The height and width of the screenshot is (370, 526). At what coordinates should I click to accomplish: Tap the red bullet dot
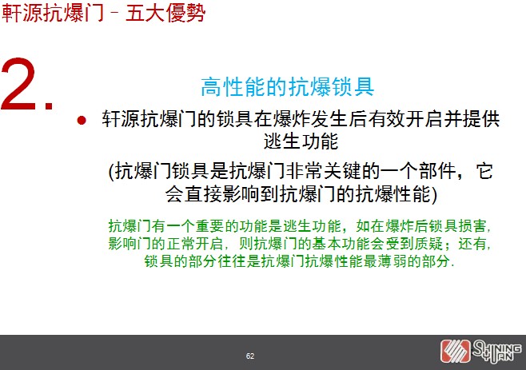pos(82,120)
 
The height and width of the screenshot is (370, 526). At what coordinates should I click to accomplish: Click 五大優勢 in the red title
pos(165,14)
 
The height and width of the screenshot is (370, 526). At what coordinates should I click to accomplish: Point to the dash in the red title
pos(114,14)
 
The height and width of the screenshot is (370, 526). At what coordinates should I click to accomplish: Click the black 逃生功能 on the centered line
pos(301,141)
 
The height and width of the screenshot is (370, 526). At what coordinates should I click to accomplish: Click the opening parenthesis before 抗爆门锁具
pos(112,172)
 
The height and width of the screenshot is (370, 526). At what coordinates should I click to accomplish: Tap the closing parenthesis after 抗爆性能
pos(434,194)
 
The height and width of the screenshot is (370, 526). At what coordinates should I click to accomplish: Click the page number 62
pos(250,356)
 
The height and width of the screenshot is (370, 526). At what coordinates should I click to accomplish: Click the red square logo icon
pos(456,351)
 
